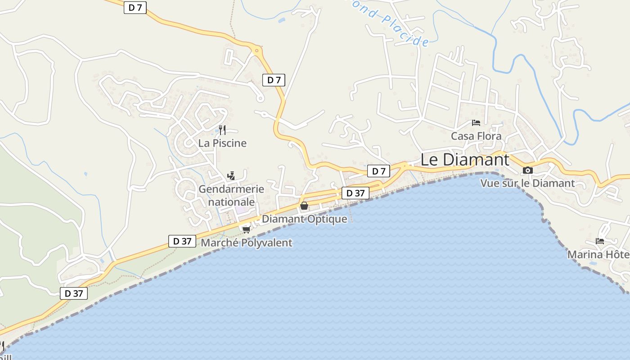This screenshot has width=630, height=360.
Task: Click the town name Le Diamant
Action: pos(465,160)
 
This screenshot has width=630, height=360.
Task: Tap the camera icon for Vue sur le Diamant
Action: pos(528,171)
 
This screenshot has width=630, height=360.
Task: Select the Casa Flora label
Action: pos(476,136)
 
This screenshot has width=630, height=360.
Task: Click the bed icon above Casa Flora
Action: pos(476,123)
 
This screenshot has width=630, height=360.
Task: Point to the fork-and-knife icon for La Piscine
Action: pos(222,130)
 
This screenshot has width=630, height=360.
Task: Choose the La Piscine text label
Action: pos(222,143)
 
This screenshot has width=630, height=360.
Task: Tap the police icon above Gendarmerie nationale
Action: pos(231,175)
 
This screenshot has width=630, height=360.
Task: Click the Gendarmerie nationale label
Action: pos(231,195)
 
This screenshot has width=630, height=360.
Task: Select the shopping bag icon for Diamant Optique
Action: pos(304,206)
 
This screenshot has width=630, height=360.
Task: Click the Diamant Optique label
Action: pos(304,219)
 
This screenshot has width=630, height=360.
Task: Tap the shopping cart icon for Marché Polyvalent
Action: pos(246,229)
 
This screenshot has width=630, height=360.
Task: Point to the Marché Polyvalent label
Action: pos(246,243)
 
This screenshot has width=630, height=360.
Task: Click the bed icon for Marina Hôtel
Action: pos(600,241)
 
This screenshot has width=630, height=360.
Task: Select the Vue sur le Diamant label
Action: pos(527,183)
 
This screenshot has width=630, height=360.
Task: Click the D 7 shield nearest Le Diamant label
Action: pos(378,171)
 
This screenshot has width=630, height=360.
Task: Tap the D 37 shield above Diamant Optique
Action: pos(355,193)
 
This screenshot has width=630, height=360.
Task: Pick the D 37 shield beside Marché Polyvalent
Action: pos(182,241)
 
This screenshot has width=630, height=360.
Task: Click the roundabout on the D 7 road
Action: pos(257,51)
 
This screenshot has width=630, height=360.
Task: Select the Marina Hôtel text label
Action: pos(598,255)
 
